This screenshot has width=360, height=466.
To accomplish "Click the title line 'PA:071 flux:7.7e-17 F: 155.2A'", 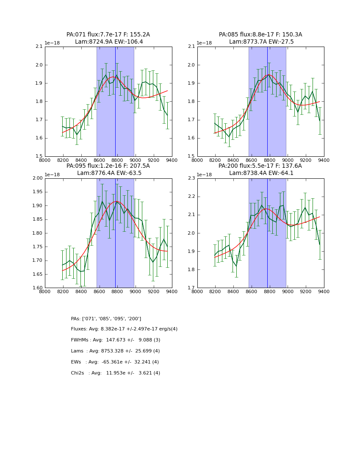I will pos(108,35).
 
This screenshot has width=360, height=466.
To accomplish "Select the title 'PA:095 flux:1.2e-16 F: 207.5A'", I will pos(108,166).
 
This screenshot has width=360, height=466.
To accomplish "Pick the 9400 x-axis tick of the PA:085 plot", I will pos(324,160).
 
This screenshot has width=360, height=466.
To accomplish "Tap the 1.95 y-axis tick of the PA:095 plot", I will pos(37,192).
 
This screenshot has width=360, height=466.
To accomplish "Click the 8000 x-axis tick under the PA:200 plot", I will pos(197,291).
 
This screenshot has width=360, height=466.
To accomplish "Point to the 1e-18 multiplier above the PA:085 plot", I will pos(205,43).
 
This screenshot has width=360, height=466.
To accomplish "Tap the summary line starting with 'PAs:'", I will pos(106,319).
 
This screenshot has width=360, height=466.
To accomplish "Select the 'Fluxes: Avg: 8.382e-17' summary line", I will pos(124,329).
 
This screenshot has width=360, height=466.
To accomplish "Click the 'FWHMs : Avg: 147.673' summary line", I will pos(116,340).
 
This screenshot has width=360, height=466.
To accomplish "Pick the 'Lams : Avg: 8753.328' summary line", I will pos(115,351).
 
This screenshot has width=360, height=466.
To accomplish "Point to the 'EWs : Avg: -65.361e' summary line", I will pos(115,362).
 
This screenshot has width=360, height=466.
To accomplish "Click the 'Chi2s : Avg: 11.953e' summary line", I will pos(115,373).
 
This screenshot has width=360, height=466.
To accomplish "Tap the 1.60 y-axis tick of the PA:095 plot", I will pos(37,288).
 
